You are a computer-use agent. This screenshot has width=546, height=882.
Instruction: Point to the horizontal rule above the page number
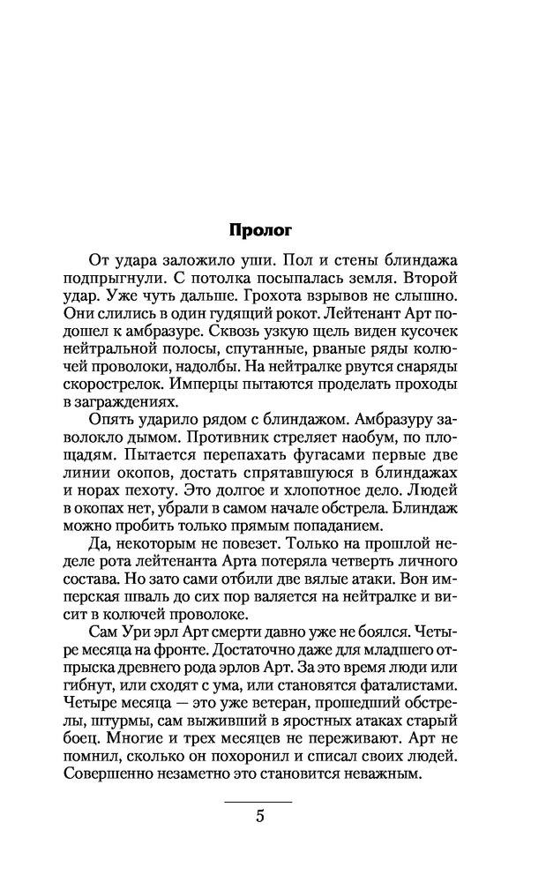tap(258, 801)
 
